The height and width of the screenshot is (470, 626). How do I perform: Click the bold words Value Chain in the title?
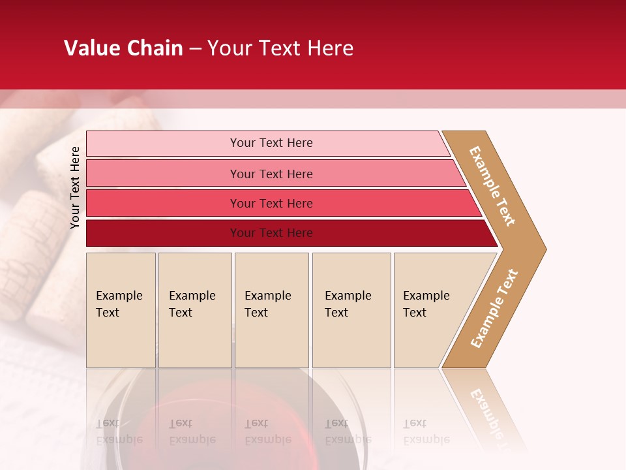pos(123,48)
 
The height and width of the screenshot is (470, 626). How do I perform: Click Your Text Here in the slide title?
pos(280,48)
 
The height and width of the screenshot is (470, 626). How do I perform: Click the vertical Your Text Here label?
pos(75,187)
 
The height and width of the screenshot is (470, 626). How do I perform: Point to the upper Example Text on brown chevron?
pos(492,186)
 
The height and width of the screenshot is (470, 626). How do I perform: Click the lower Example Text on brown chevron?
pos(494,308)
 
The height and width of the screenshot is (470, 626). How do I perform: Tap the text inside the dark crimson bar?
pos(271,233)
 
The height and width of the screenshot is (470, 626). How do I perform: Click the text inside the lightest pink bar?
pos(271,143)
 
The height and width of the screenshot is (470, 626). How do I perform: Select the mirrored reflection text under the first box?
pos(119,431)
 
